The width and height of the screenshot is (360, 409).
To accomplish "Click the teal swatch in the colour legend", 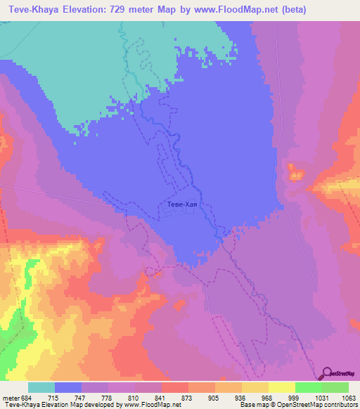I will (41, 388).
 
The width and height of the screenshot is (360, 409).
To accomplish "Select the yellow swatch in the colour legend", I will (281, 388).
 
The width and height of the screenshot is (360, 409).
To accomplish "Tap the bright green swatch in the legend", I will (308, 388).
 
